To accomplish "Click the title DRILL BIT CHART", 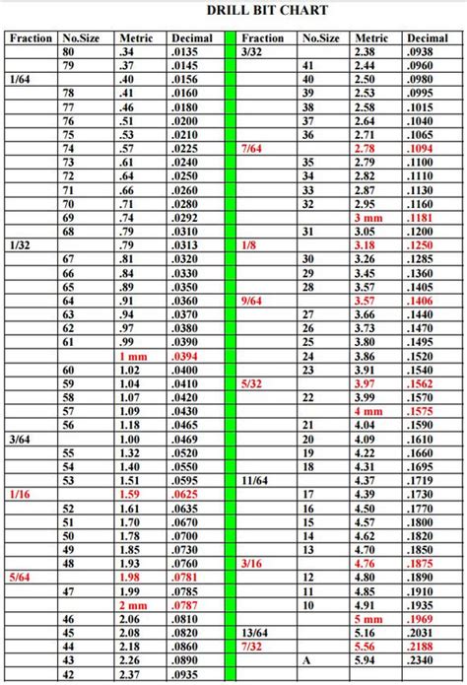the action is [267, 11].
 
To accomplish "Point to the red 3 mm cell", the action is [364, 217].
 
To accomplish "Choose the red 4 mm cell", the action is [364, 411].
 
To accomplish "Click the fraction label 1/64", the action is [19, 79].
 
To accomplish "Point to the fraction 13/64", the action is [254, 633].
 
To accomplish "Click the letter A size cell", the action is [308, 661].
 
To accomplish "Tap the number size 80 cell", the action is [68, 51].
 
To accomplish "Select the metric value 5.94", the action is [364, 661].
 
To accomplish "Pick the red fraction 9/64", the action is [251, 300].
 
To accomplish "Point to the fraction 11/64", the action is [254, 480].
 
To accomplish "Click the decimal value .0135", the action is [184, 51].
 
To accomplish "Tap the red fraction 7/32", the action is [251, 647].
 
